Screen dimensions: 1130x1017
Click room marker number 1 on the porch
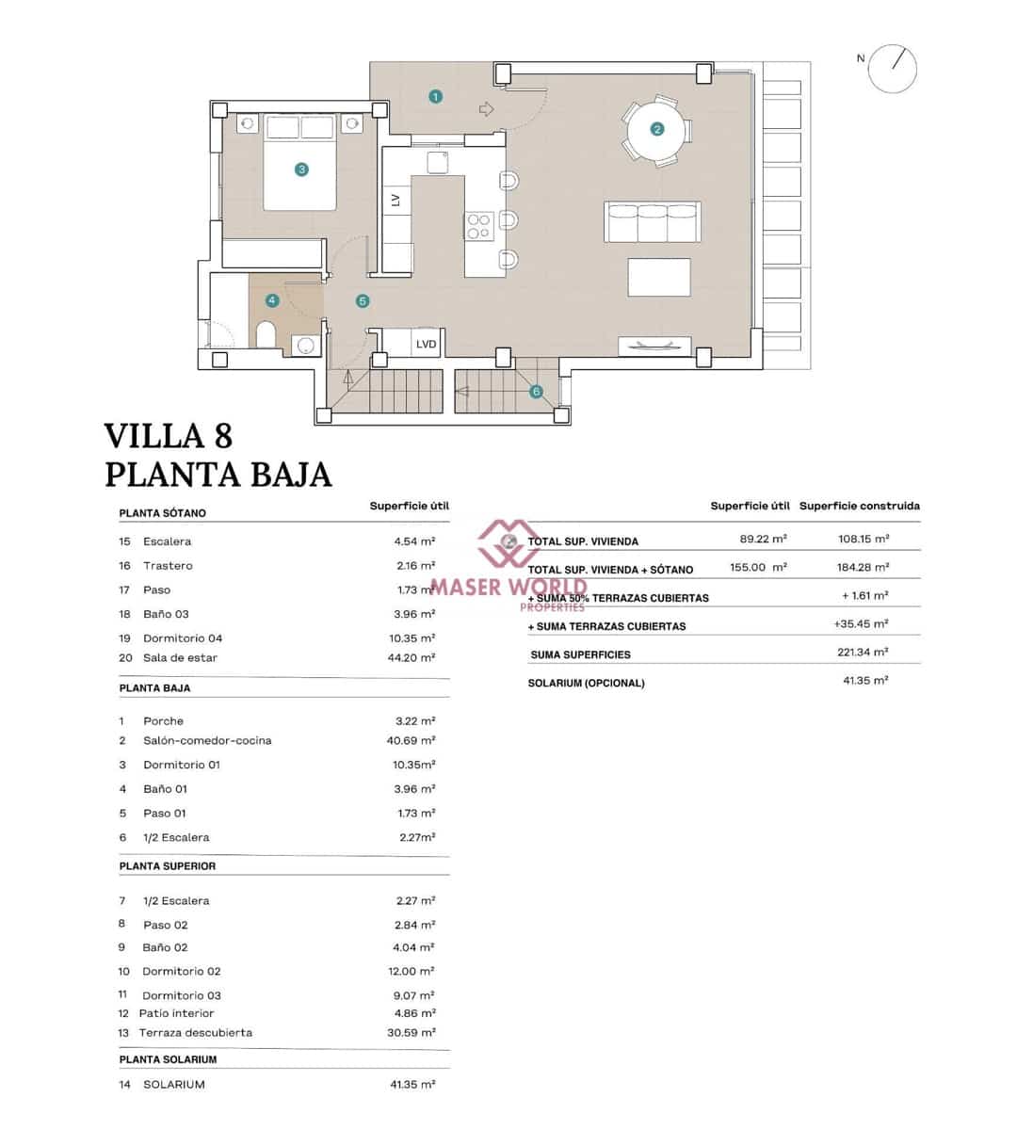point(435,96)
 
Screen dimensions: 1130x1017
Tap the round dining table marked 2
point(656,130)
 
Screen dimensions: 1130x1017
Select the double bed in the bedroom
point(300,162)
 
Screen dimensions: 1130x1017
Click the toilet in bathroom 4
point(266,334)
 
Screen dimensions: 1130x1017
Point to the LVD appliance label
point(426,344)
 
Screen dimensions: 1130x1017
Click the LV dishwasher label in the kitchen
point(395,200)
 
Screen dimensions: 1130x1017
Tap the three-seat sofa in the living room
point(653,222)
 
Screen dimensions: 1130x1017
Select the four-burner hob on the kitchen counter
point(479,225)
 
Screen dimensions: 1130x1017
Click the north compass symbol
point(892,69)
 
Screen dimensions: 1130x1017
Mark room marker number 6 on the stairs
point(536,392)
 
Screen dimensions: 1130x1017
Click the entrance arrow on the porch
point(486,109)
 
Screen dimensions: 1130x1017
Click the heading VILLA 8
point(168,436)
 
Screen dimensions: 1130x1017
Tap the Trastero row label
point(168,566)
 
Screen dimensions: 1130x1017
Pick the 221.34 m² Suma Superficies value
point(864,652)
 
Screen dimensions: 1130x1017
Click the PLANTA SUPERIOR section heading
point(168,866)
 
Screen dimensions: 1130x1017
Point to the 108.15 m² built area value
point(863,539)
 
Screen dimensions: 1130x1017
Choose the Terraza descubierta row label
point(195,1033)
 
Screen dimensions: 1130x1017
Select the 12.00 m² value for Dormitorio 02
point(414,971)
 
